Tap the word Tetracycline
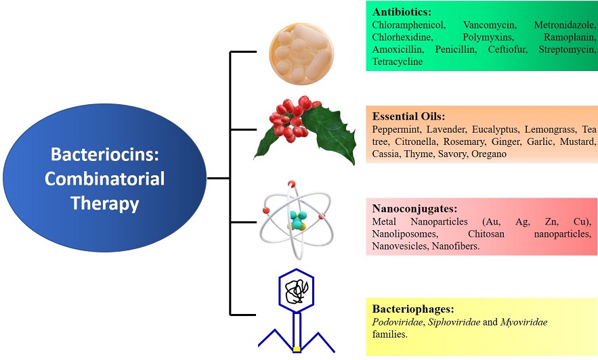point(398,62)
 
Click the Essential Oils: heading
point(409,116)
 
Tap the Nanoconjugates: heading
point(410,210)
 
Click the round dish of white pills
point(298,53)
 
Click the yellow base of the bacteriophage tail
point(297,348)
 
